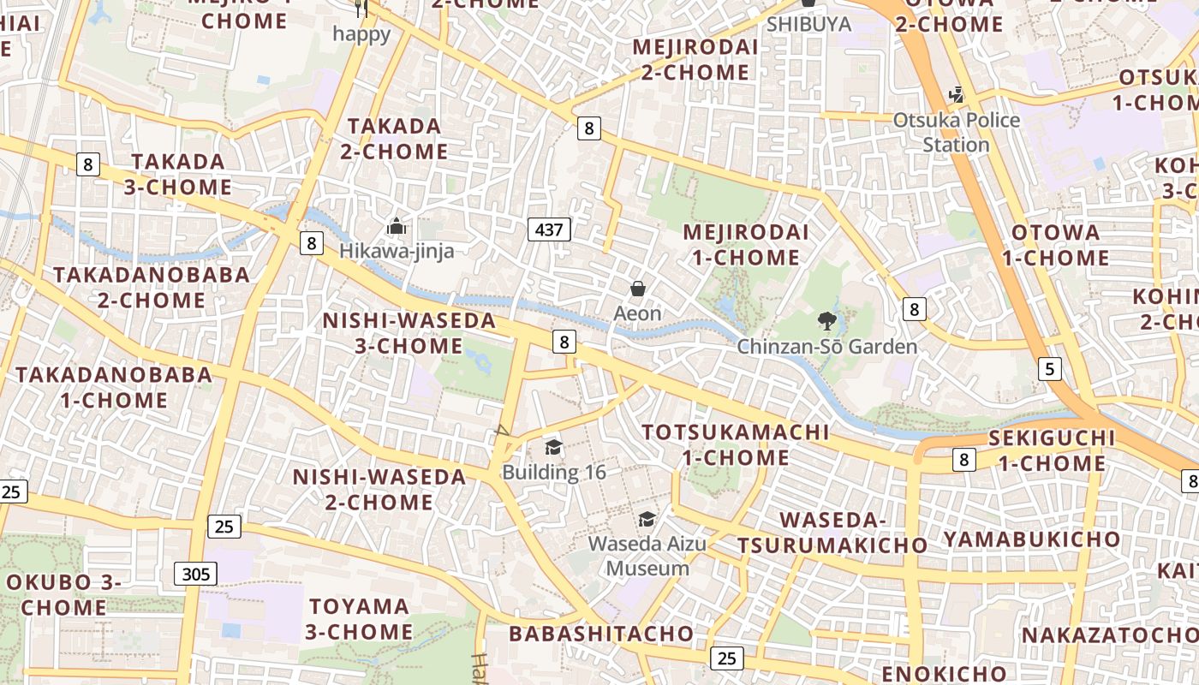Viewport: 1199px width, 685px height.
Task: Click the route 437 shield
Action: click(549, 229)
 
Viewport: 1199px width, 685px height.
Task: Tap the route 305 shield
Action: click(196, 574)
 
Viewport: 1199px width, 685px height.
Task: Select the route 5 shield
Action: click(1049, 369)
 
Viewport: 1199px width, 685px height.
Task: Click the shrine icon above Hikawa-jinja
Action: click(396, 227)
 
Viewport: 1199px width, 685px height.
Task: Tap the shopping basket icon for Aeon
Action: click(638, 289)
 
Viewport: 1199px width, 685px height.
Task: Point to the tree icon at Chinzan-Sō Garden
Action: click(826, 322)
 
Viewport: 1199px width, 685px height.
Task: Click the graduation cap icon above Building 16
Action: click(554, 448)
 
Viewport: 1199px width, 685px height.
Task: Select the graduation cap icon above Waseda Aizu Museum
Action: click(647, 519)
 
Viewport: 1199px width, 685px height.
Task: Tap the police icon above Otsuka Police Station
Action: click(956, 95)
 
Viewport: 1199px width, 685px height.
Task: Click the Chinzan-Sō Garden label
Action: click(827, 347)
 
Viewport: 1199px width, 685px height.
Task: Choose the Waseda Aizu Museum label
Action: click(647, 556)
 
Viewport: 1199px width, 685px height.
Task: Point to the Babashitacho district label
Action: click(601, 634)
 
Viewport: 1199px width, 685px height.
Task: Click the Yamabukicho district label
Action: click(1031, 539)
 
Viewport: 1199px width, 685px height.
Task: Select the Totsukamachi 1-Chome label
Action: click(736, 444)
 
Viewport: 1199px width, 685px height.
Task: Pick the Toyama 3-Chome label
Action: click(360, 619)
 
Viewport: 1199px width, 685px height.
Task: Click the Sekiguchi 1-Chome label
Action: click(1052, 450)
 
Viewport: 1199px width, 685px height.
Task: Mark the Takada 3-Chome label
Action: click(178, 174)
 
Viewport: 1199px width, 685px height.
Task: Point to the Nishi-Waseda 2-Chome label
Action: click(379, 489)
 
